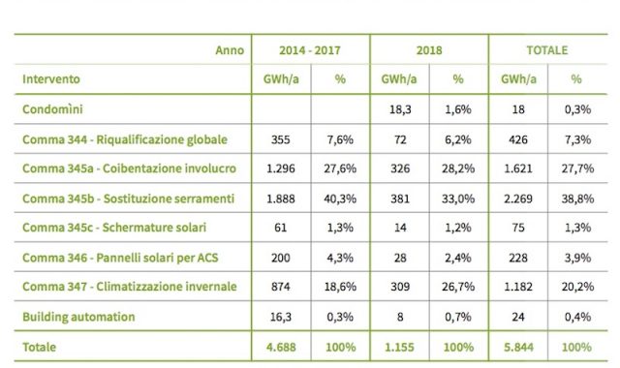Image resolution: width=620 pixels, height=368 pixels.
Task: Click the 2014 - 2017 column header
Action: [310, 49]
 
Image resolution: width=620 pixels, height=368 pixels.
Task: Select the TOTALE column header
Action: [546, 49]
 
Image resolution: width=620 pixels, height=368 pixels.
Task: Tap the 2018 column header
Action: [428, 49]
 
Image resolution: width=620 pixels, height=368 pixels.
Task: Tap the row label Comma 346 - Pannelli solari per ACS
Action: [116, 257]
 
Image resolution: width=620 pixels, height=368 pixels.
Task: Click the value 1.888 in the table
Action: [281, 199]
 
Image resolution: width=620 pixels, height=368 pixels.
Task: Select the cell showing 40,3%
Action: [340, 199]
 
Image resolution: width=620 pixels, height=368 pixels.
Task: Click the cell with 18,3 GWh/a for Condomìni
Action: [399, 111]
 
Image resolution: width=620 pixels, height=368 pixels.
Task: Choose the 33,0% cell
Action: [457, 199]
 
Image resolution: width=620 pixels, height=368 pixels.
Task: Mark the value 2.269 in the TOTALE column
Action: [517, 199]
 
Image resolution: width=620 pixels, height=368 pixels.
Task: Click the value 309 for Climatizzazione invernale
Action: [399, 286]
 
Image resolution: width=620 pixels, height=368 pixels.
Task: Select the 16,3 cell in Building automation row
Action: [281, 315]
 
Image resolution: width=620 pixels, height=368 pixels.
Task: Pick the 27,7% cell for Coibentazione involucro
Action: [576, 169]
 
